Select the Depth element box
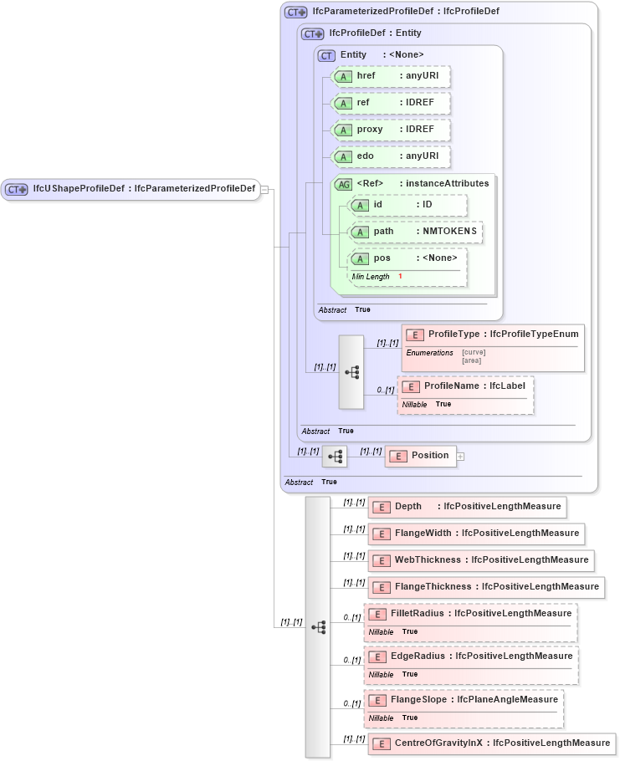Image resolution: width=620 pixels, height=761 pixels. pos(465,507)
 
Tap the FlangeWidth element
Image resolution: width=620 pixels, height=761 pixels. pos(474,534)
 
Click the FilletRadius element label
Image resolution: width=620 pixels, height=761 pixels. pos(480,614)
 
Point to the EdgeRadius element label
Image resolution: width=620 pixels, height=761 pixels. pos(481,656)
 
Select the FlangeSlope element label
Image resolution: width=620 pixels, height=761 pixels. pos(474,699)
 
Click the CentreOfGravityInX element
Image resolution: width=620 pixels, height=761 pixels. pos(490,743)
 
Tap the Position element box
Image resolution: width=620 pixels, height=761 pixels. pos(420,456)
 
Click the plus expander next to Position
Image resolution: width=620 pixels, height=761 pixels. pos(460,457)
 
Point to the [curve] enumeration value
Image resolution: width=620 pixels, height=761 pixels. pos(474,352)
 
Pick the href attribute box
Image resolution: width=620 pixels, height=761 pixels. pos(391,76)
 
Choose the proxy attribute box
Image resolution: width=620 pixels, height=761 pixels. pos(391,130)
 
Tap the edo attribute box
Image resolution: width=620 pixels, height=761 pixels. pos(391,156)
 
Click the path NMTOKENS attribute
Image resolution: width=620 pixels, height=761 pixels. pos(415,232)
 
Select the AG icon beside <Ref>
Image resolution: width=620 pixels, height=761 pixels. pos(343,184)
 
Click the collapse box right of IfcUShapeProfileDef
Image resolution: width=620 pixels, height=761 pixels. pos(264,189)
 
